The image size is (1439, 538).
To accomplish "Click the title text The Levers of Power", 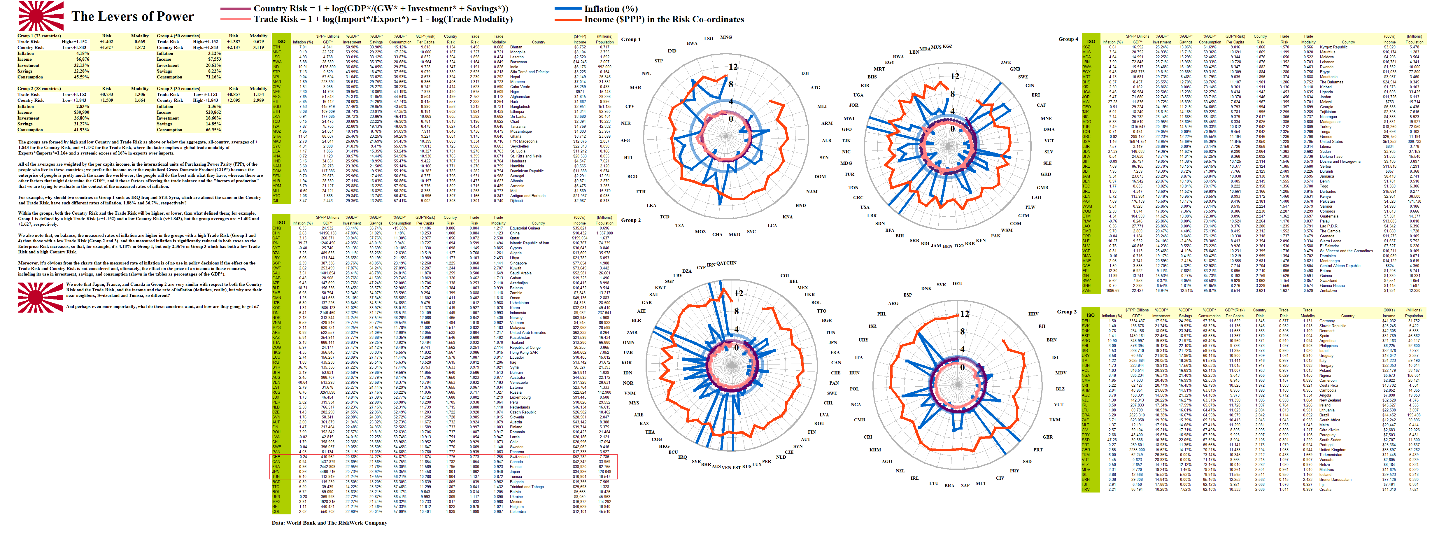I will pos(132,17).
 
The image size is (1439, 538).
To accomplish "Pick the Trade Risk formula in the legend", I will pos(383,19).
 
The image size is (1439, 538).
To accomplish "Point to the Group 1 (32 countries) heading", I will pos(39,36).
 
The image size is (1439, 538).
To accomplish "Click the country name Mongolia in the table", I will pos(518,52).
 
